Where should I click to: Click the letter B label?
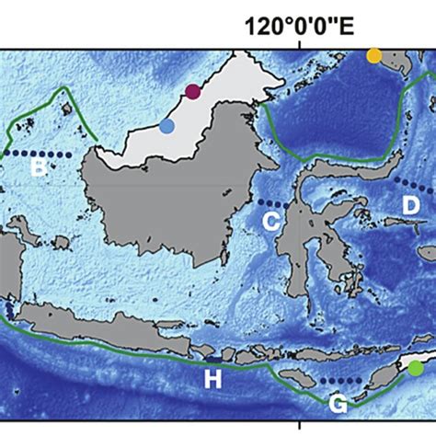click(39, 167)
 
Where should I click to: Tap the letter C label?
click(271, 220)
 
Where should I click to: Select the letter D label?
click(410, 205)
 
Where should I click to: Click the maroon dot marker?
click(192, 91)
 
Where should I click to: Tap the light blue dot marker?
click(166, 127)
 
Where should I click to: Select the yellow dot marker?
click(373, 55)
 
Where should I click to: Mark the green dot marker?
click(417, 368)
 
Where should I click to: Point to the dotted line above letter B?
click(41, 153)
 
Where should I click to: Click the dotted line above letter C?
click(272, 203)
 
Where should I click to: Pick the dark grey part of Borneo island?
click(156, 202)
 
